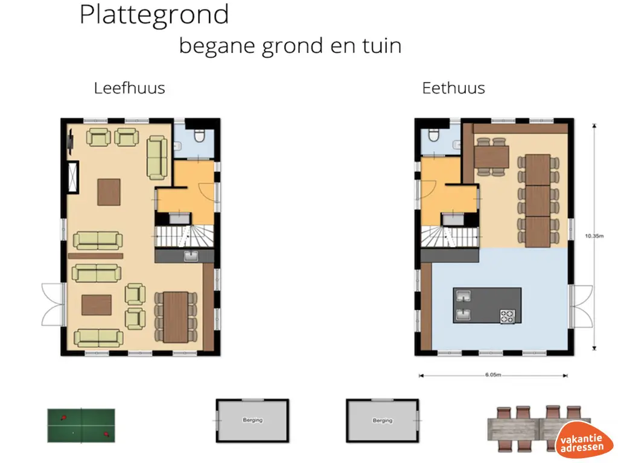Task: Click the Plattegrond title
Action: click(154, 15)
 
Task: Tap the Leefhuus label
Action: click(129, 88)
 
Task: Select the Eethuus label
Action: click(453, 88)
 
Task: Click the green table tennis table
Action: click(81, 425)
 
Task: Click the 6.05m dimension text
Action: click(493, 375)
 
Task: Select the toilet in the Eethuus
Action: click(434, 136)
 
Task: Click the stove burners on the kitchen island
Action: click(506, 316)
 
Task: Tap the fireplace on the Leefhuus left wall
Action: click(73, 177)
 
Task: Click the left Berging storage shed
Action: click(252, 421)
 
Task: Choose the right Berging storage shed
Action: click(382, 421)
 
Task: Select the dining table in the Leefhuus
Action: click(176, 317)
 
